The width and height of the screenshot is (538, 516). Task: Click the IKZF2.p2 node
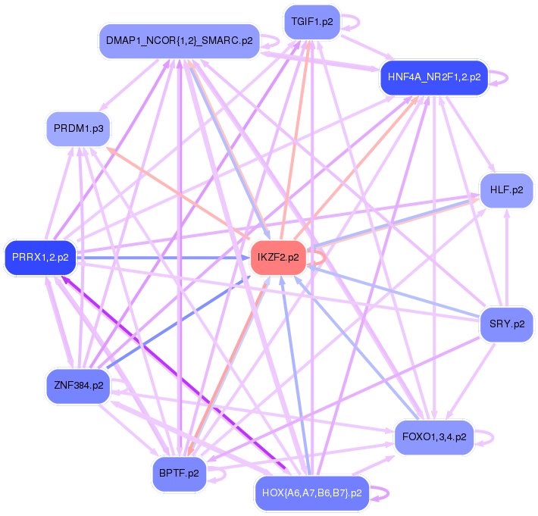coord(278,258)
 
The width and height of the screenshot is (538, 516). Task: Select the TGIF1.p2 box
coord(312,22)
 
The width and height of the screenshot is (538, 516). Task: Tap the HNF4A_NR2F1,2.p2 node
coord(434,77)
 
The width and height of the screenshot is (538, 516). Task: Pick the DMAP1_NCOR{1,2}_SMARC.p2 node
coord(180,41)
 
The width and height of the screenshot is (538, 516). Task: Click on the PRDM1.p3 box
coord(79,128)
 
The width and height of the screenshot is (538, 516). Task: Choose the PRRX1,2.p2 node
coord(40,258)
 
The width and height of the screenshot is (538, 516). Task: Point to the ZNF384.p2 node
coord(78,386)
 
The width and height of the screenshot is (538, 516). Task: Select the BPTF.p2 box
coord(179,474)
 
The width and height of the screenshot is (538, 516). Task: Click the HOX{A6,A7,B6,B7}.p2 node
coord(311,493)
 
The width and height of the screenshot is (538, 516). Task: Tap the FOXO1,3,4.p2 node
coord(434,437)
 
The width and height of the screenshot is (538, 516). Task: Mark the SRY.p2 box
coord(507,324)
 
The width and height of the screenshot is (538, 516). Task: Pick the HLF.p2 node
coord(507,190)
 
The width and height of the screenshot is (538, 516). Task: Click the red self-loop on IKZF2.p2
coord(321,258)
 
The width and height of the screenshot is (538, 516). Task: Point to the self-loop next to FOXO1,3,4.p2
coord(489,437)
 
